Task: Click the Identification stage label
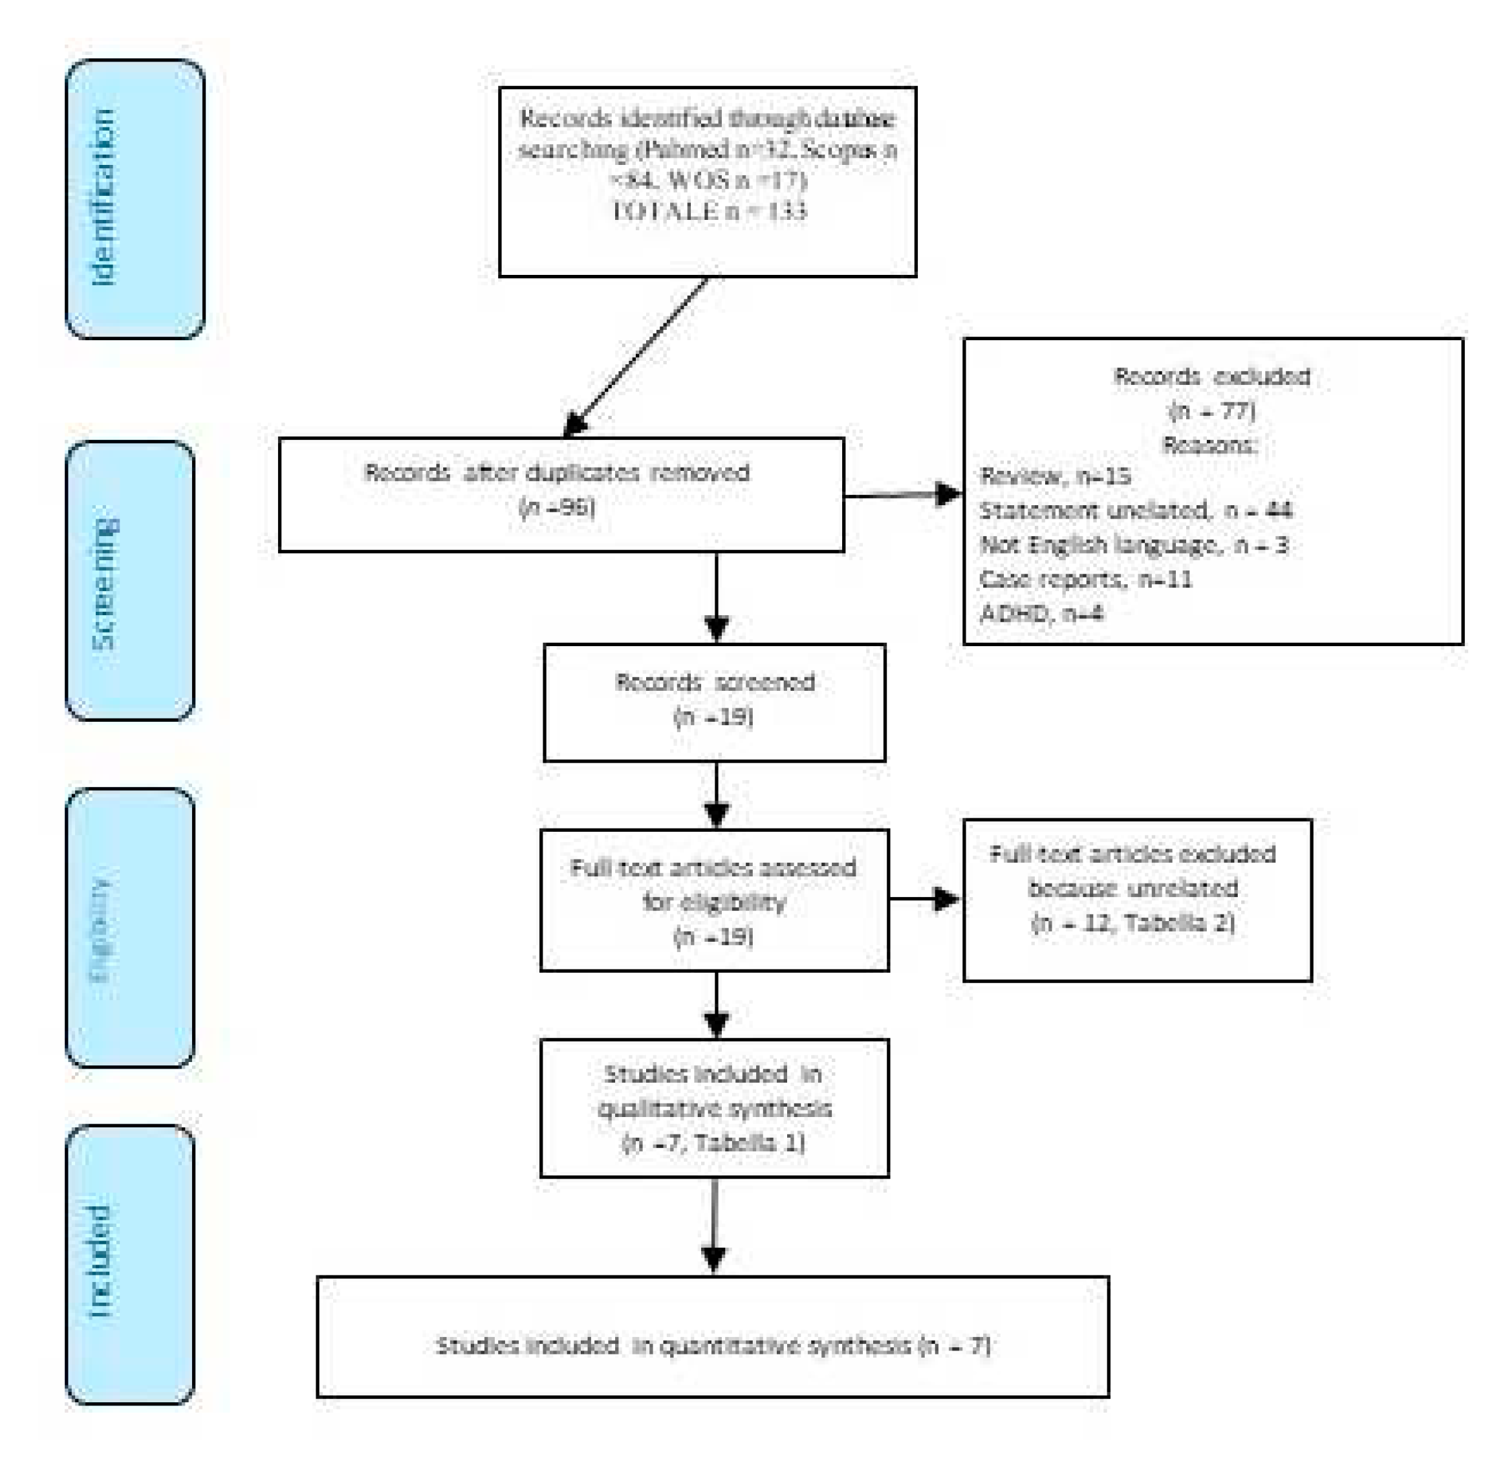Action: (104, 198)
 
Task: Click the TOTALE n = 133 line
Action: (709, 211)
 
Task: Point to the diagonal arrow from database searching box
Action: (637, 356)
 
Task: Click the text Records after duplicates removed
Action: (556, 472)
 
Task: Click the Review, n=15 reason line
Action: (1055, 476)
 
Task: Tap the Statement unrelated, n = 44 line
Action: (1136, 510)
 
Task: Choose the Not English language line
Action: (1134, 545)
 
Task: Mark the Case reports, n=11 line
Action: (1085, 579)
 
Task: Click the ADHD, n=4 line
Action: (1041, 613)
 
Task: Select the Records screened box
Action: (714, 702)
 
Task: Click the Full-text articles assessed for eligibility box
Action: (714, 900)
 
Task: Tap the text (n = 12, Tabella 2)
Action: (1132, 922)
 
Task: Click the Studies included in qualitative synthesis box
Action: (714, 1108)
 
